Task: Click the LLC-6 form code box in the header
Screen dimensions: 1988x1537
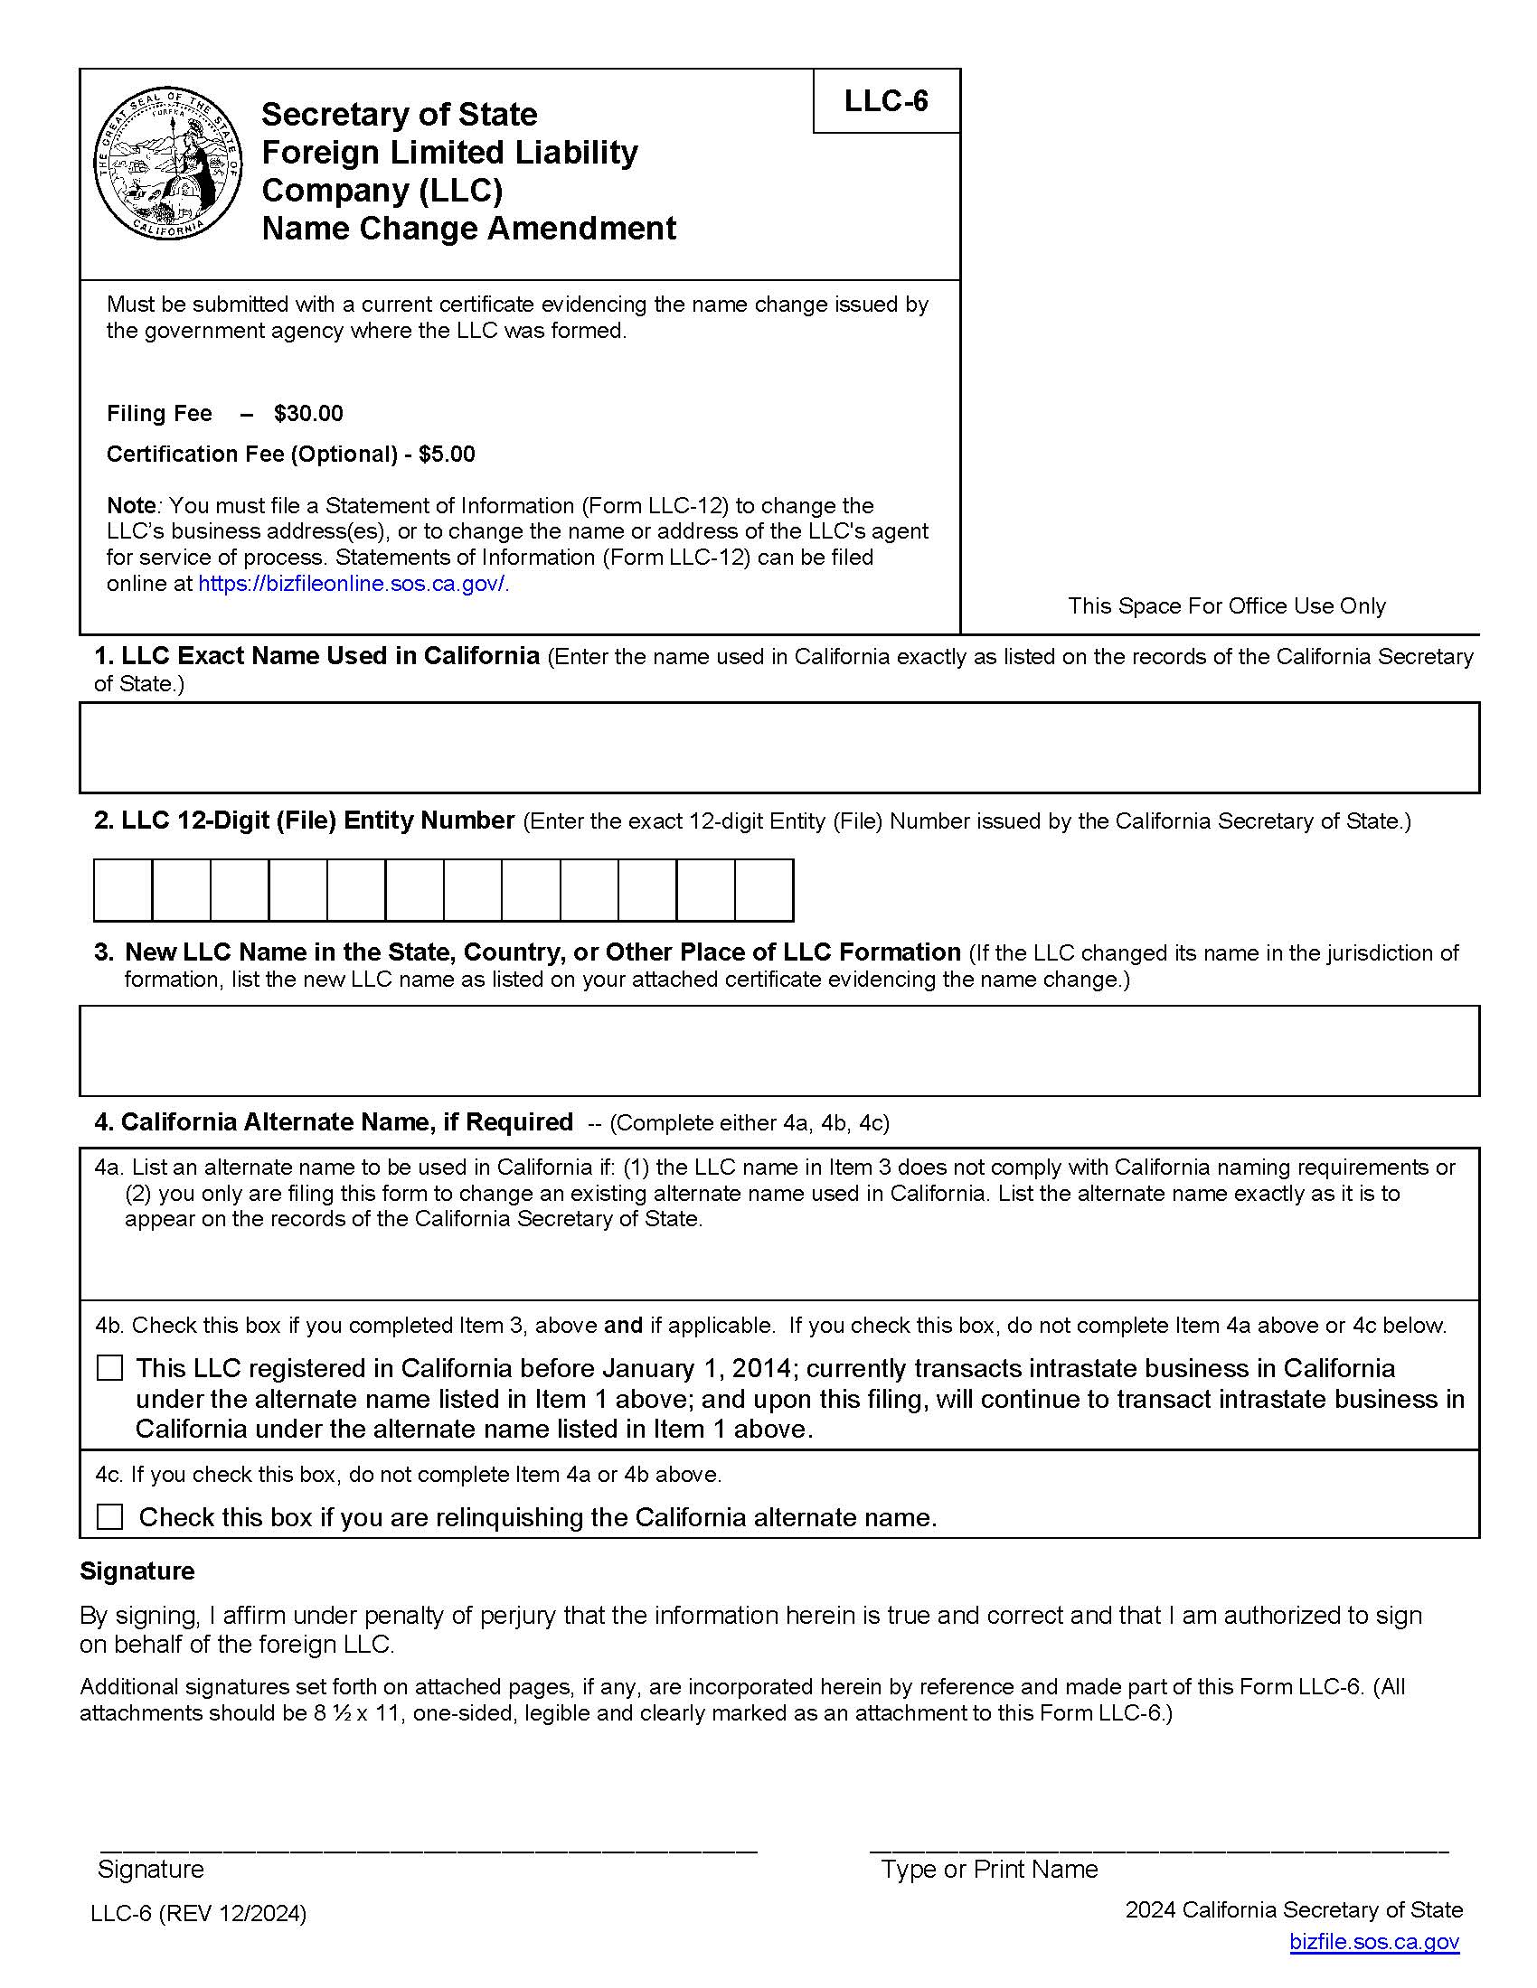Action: coord(885,101)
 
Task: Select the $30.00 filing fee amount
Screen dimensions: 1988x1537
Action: coord(307,414)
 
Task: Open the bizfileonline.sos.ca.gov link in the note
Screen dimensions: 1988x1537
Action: coord(352,585)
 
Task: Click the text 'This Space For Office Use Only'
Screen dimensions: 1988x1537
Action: coord(1226,606)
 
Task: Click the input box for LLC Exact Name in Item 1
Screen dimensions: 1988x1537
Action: coord(778,747)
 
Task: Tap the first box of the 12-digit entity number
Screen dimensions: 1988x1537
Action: coord(123,890)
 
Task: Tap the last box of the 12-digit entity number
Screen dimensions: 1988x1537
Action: coord(763,890)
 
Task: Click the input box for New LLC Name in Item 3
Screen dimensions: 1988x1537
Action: coord(778,1050)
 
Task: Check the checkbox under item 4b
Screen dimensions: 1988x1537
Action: coord(110,1368)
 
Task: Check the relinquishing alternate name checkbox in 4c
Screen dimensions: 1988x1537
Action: coord(110,1516)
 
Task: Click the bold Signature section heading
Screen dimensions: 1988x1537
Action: coord(137,1572)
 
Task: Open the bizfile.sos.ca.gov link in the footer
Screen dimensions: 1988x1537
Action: coord(1373,1943)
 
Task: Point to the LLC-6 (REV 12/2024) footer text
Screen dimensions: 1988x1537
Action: coord(199,1914)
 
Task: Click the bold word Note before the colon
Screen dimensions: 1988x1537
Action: coord(131,506)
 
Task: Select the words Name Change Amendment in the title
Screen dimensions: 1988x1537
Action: coord(468,229)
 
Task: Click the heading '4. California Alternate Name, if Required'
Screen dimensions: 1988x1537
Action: coord(334,1122)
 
